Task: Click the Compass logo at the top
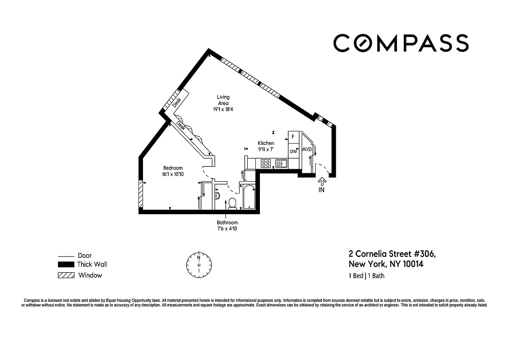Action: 401,43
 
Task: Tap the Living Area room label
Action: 223,100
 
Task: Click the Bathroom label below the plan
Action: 227,222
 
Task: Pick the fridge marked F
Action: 293,136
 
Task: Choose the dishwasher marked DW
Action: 293,152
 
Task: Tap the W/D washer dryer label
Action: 307,149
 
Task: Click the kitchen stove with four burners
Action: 266,163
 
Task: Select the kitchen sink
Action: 282,163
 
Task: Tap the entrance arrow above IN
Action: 322,181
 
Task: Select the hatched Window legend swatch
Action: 66,275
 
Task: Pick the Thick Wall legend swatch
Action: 66,265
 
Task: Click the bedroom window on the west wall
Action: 140,194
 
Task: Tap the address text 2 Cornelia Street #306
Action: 392,254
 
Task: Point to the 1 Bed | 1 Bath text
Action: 366,276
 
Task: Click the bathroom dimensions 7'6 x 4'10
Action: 227,229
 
